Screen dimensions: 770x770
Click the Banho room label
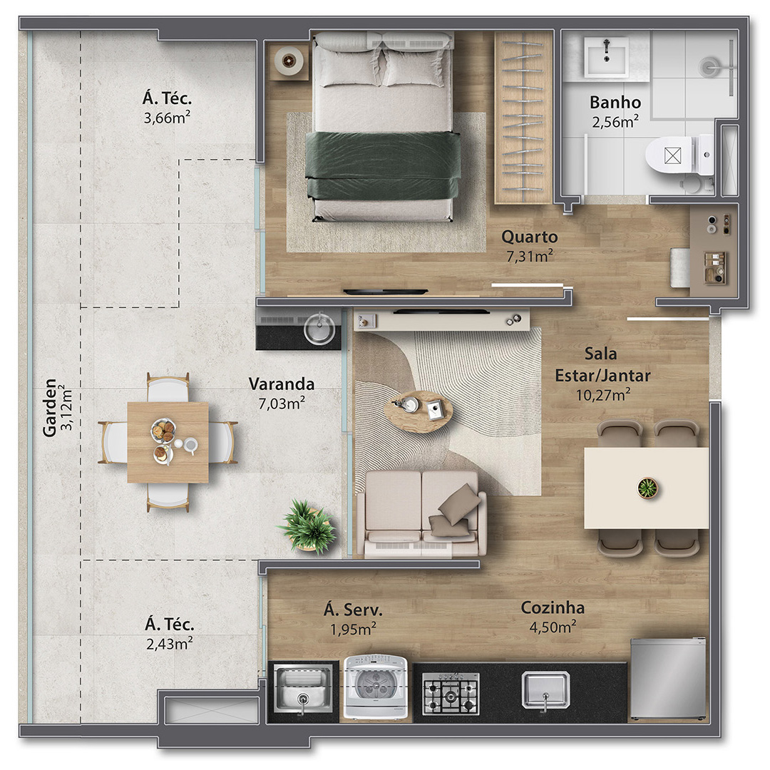click(x=615, y=102)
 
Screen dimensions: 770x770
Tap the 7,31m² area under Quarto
click(x=529, y=256)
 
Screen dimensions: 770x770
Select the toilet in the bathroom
click(x=679, y=155)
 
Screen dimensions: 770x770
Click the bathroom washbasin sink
click(x=607, y=58)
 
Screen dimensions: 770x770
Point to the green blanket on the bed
click(x=383, y=165)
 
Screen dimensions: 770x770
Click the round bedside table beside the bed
click(x=287, y=61)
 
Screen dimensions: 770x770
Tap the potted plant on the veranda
click(x=309, y=526)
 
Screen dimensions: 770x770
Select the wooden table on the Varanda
click(x=168, y=443)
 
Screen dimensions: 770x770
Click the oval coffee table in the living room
click(x=418, y=411)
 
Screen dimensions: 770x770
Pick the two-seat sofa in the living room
click(x=422, y=513)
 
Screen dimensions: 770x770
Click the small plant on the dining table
click(x=647, y=488)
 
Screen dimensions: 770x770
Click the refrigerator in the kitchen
click(x=668, y=679)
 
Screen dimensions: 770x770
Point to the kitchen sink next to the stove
click(x=545, y=691)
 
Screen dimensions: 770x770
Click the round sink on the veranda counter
click(x=319, y=327)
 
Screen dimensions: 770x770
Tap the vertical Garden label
click(x=50, y=408)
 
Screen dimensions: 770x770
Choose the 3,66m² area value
click(x=167, y=118)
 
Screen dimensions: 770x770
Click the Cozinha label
click(x=553, y=607)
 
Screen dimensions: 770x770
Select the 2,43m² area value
click(x=170, y=643)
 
